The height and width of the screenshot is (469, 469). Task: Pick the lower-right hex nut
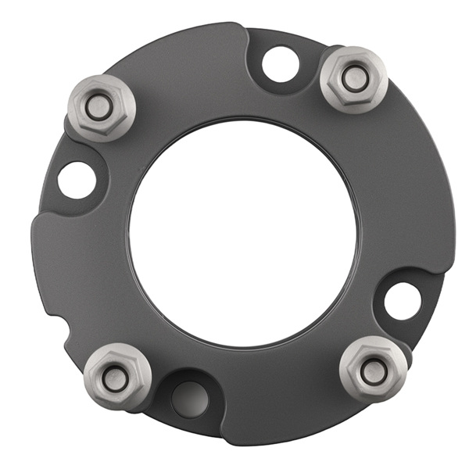372,369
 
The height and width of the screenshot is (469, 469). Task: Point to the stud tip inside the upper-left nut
98,108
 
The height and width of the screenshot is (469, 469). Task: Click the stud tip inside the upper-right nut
353,78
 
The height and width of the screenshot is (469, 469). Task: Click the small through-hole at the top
280,65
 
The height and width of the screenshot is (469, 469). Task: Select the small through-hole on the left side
77,180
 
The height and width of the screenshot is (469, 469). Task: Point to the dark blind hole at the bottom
188,398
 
